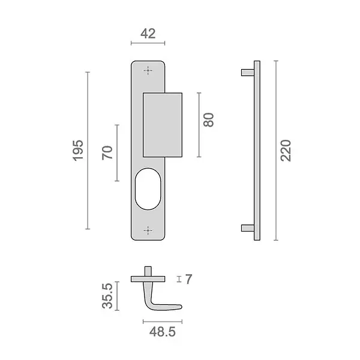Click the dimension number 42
[148, 34]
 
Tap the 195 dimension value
[78, 151]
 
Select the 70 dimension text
[107, 152]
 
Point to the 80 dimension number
[208, 119]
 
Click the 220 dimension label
[286, 151]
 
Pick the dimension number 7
[188, 279]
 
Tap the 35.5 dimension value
[107, 296]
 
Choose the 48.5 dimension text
[163, 332]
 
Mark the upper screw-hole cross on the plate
[148, 70]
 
